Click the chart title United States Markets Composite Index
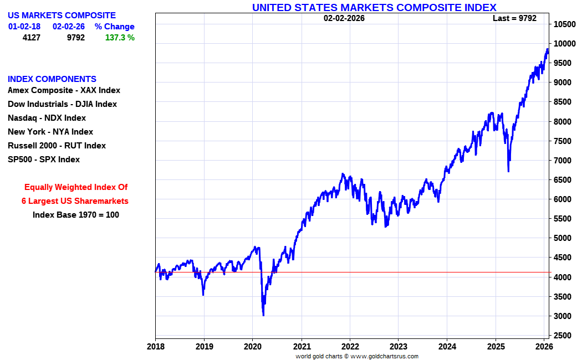[x=374, y=7]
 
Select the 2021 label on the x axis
[x=302, y=347]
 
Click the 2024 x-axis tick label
[x=447, y=347]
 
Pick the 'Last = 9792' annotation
[x=514, y=18]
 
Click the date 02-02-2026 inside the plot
[x=344, y=18]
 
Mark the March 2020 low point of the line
[x=263, y=316]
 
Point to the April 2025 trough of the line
[x=508, y=171]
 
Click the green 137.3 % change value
[x=120, y=38]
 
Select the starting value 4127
[x=32, y=38]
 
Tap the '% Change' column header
[x=114, y=27]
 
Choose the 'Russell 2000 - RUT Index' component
[x=57, y=146]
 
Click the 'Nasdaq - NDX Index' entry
[x=47, y=118]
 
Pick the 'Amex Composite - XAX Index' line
[x=64, y=90]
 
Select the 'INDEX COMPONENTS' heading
[x=52, y=79]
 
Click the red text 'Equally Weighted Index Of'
[x=76, y=187]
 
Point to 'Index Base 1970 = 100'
[x=76, y=215]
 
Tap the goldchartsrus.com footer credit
[x=357, y=356]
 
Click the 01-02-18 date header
[x=24, y=27]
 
